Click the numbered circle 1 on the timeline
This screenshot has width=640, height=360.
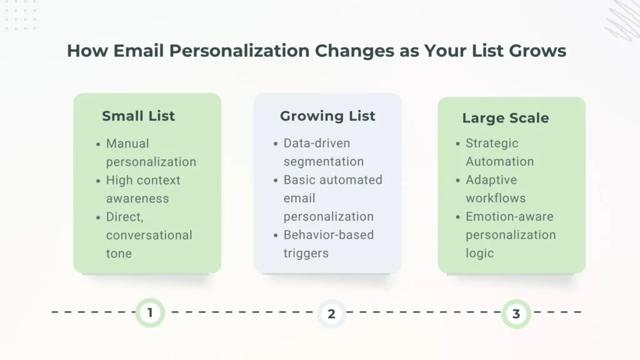(150, 312)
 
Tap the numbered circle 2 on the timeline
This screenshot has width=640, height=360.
(331, 314)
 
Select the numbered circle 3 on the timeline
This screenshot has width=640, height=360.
(516, 314)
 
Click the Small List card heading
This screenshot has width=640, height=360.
(138, 116)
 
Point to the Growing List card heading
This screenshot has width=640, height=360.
(327, 116)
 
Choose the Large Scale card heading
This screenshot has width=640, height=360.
(505, 117)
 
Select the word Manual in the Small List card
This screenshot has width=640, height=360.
(127, 143)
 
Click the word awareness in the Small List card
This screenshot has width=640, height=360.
(137, 199)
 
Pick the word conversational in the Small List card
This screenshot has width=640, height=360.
(149, 235)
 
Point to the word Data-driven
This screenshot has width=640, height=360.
(317, 143)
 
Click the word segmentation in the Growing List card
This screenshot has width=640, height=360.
(323, 161)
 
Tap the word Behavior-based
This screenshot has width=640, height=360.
(329, 235)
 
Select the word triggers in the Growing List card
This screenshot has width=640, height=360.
(306, 253)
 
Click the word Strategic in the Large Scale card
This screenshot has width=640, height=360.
(492, 143)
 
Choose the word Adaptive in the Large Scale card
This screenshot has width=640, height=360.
(491, 180)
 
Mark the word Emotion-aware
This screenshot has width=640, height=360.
(509, 216)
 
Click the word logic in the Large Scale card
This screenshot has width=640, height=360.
(479, 253)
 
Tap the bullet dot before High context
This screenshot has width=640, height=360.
(98, 181)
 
